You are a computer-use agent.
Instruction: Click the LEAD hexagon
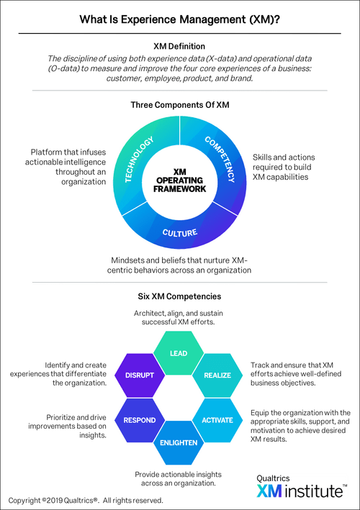179,353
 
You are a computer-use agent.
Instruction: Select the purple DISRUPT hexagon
140,375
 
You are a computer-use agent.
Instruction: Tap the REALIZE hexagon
217,375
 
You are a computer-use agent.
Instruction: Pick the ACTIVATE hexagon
217,420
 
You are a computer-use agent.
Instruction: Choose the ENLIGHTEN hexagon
179,442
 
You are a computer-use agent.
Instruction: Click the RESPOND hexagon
140,420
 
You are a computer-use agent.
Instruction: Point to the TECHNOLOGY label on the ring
139,159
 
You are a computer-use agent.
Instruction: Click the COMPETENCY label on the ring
220,159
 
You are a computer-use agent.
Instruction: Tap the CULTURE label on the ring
180,232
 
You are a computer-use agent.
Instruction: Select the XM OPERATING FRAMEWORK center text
180,181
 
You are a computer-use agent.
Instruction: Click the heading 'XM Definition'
179,46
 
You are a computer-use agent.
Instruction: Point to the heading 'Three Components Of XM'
180,105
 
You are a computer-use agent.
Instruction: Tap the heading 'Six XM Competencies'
179,296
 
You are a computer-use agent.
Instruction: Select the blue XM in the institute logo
269,491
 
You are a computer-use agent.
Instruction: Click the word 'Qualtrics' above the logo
273,478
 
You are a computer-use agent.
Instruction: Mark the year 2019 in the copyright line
54,500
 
